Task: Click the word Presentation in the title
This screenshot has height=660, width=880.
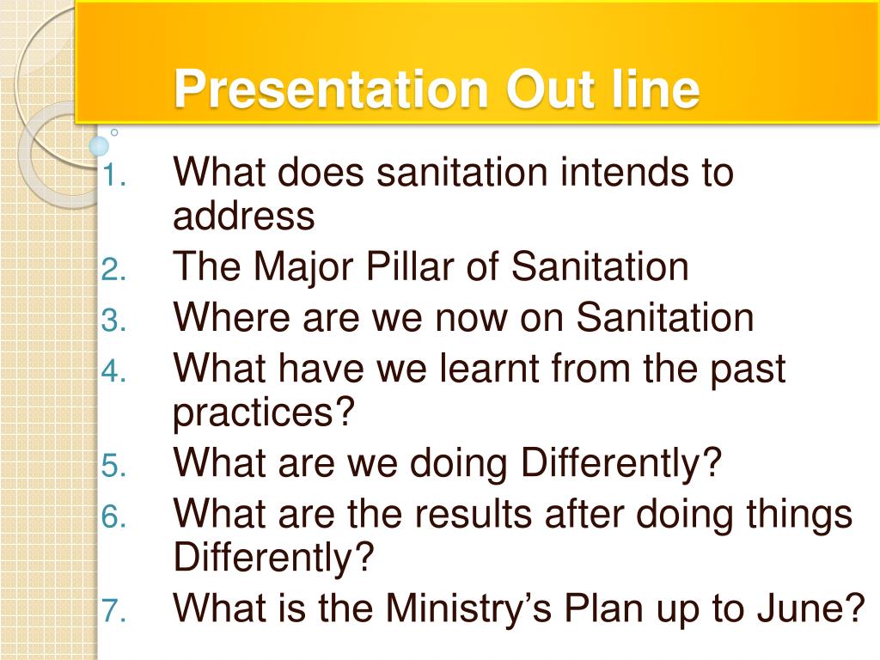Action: tap(331, 89)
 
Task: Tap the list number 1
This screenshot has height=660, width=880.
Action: tap(113, 176)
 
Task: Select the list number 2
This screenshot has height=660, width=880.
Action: tap(113, 270)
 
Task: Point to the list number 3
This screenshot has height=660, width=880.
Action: tap(113, 321)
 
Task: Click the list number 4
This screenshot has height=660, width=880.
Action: tap(113, 371)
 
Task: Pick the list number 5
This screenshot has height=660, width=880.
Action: tap(113, 467)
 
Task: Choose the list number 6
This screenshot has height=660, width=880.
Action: tap(113, 516)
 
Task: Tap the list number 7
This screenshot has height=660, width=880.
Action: tap(113, 611)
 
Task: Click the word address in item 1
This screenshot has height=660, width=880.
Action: tap(243, 216)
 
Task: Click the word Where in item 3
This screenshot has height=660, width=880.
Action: tap(231, 317)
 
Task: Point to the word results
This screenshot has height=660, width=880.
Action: tap(473, 514)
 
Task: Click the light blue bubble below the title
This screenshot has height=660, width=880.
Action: tap(100, 146)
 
